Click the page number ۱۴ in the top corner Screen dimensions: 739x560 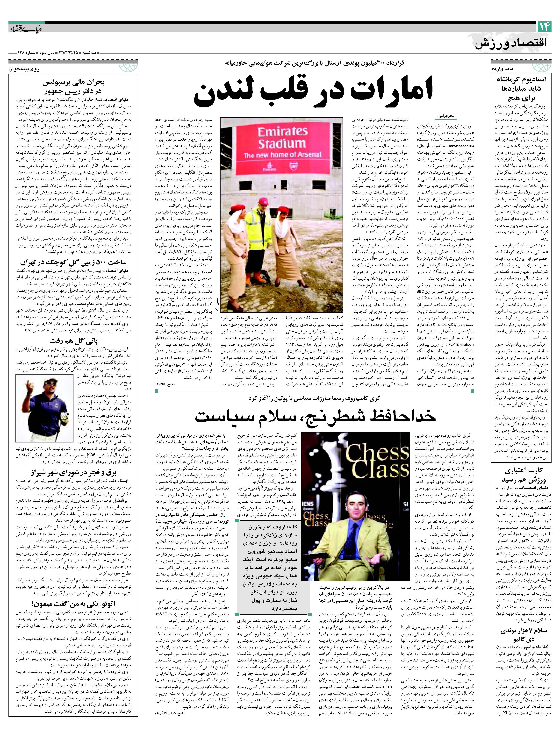tap(543, 27)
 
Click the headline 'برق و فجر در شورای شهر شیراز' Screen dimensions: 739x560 tap(73, 473)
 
